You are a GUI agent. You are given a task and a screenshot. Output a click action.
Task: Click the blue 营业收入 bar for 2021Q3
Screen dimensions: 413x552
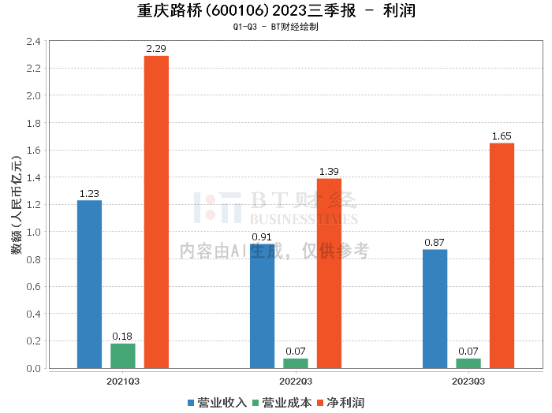tap(89, 284)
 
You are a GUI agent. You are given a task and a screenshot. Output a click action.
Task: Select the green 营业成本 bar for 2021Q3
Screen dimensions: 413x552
tap(122, 355)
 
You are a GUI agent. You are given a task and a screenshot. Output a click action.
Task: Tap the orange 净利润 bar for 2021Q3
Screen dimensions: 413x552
tap(156, 212)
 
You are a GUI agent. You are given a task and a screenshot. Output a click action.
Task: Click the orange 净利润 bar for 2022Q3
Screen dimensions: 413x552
tap(329, 273)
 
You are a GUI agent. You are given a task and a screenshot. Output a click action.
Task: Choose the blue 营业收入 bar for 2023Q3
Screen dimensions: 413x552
tap(435, 308)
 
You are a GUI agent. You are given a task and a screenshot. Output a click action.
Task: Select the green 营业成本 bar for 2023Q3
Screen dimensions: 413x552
tap(468, 363)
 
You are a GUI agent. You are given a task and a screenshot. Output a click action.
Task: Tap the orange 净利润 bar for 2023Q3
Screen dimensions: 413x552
tap(502, 255)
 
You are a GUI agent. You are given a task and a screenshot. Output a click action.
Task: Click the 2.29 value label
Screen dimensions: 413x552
tap(156, 49)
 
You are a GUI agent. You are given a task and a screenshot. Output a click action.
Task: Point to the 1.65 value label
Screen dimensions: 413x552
tap(502, 136)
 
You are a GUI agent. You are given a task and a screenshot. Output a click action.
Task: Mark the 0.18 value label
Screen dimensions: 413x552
tap(122, 337)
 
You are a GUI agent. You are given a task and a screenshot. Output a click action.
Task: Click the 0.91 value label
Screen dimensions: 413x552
tap(262, 237)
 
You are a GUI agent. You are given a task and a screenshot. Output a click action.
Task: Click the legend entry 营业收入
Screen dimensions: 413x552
tap(218, 402)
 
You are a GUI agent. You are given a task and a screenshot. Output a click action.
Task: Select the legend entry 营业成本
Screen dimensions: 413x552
tap(282, 402)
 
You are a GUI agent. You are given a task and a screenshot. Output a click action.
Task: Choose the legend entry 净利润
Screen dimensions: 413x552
tap(341, 402)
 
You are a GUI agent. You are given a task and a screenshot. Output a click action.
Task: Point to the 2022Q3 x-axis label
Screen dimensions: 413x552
tap(296, 381)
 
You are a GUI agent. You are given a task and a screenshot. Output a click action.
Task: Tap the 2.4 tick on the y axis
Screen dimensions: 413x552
tap(33, 41)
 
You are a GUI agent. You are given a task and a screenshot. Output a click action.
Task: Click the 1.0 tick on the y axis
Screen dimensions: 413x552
tap(33, 232)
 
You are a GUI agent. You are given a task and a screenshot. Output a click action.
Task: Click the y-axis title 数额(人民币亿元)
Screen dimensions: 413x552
tap(15, 205)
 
